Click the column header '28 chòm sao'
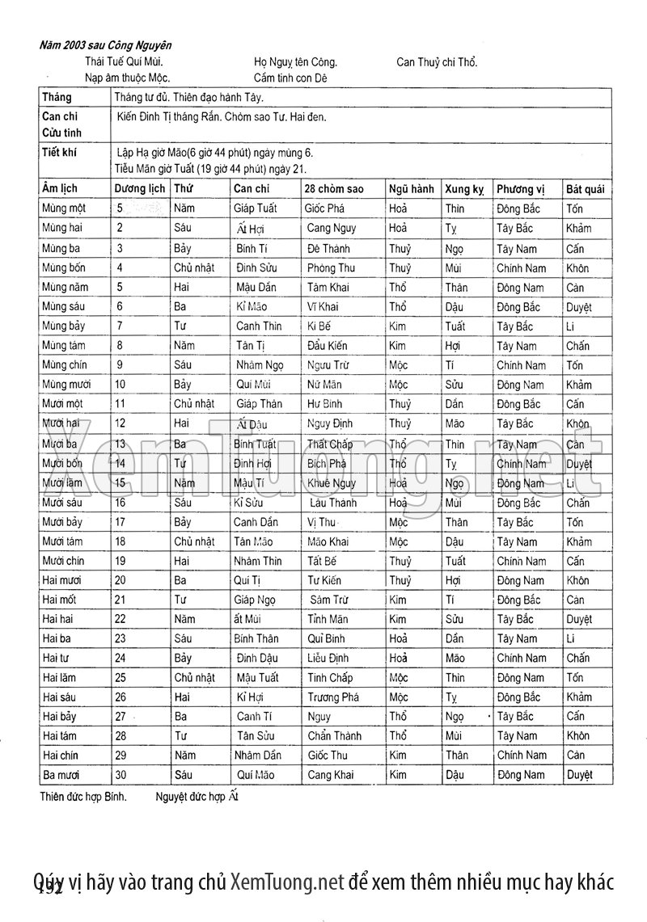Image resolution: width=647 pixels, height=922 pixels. pyautogui.click(x=334, y=189)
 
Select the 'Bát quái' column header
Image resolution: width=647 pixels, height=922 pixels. pyautogui.click(x=585, y=189)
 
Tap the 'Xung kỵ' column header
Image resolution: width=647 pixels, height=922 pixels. pyautogui.click(x=464, y=189)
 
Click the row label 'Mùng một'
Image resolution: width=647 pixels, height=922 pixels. pyautogui.click(x=64, y=208)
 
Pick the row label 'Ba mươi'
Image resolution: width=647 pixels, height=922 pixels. pyautogui.click(x=61, y=775)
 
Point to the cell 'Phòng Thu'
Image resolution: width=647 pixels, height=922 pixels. pyautogui.click(x=331, y=267)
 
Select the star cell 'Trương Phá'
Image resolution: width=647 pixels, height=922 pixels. pyautogui.click(x=333, y=697)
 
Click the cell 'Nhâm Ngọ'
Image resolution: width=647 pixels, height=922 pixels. pyautogui.click(x=257, y=364)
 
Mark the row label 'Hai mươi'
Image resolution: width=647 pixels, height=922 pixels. pyautogui.click(x=62, y=580)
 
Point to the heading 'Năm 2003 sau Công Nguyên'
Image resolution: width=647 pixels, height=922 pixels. pyautogui.click(x=105, y=46)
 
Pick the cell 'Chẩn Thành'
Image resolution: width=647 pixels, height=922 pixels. pyautogui.click(x=333, y=736)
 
